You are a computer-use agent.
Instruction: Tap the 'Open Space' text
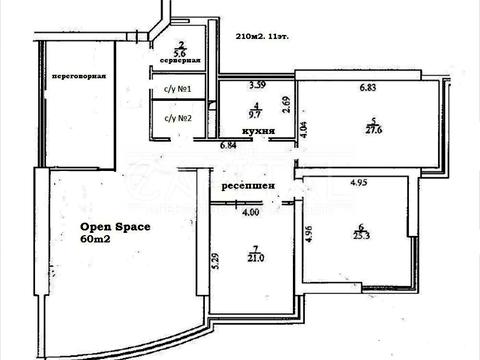(x=115, y=226)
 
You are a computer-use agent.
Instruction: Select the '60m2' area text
(x=97, y=240)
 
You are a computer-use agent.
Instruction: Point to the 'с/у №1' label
(x=177, y=91)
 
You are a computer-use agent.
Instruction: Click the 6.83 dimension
(x=372, y=87)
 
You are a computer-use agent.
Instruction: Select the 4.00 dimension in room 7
(x=250, y=211)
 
